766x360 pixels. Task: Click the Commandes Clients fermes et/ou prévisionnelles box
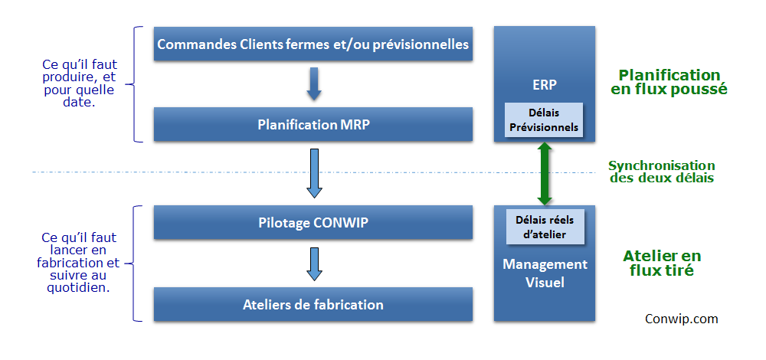click(x=313, y=44)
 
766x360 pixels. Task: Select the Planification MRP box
click(x=313, y=125)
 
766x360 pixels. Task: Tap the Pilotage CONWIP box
click(x=313, y=222)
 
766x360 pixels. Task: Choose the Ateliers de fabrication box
click(x=313, y=304)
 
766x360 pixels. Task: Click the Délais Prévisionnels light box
click(x=544, y=119)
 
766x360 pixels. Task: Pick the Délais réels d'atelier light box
click(x=544, y=227)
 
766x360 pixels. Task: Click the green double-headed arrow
click(x=544, y=173)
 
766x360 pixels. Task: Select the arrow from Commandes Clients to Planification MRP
click(x=313, y=84)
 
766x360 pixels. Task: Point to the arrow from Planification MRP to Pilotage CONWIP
click(x=313, y=173)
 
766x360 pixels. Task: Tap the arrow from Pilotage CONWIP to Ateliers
click(x=313, y=263)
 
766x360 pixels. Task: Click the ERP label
click(x=544, y=84)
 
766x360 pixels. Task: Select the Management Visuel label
click(x=545, y=273)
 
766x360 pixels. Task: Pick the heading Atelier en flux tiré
click(x=662, y=263)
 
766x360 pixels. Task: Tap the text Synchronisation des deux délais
click(x=662, y=172)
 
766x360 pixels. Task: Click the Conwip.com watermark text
click(x=682, y=319)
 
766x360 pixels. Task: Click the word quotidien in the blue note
click(x=77, y=288)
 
